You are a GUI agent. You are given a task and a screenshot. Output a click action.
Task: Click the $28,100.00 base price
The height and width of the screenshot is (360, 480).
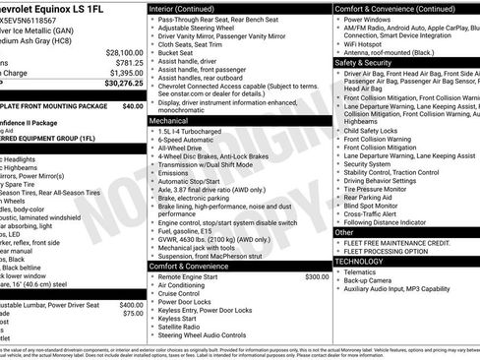[x=124, y=51]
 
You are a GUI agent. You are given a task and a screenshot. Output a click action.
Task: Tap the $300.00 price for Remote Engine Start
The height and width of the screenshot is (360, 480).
[x=317, y=276]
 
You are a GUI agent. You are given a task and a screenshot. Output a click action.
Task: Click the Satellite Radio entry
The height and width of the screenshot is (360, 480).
[x=185, y=327]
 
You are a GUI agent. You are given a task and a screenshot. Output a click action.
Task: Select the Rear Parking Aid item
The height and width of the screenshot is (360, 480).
[x=377, y=196]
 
